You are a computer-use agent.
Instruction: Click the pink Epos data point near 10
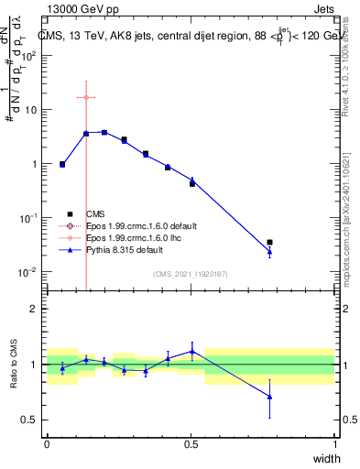[86, 97]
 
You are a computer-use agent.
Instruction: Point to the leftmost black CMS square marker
[62, 165]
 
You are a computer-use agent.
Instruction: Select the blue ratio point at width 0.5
[192, 351]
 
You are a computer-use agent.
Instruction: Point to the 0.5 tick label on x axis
[191, 444]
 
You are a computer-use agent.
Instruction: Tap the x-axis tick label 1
[335, 444]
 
